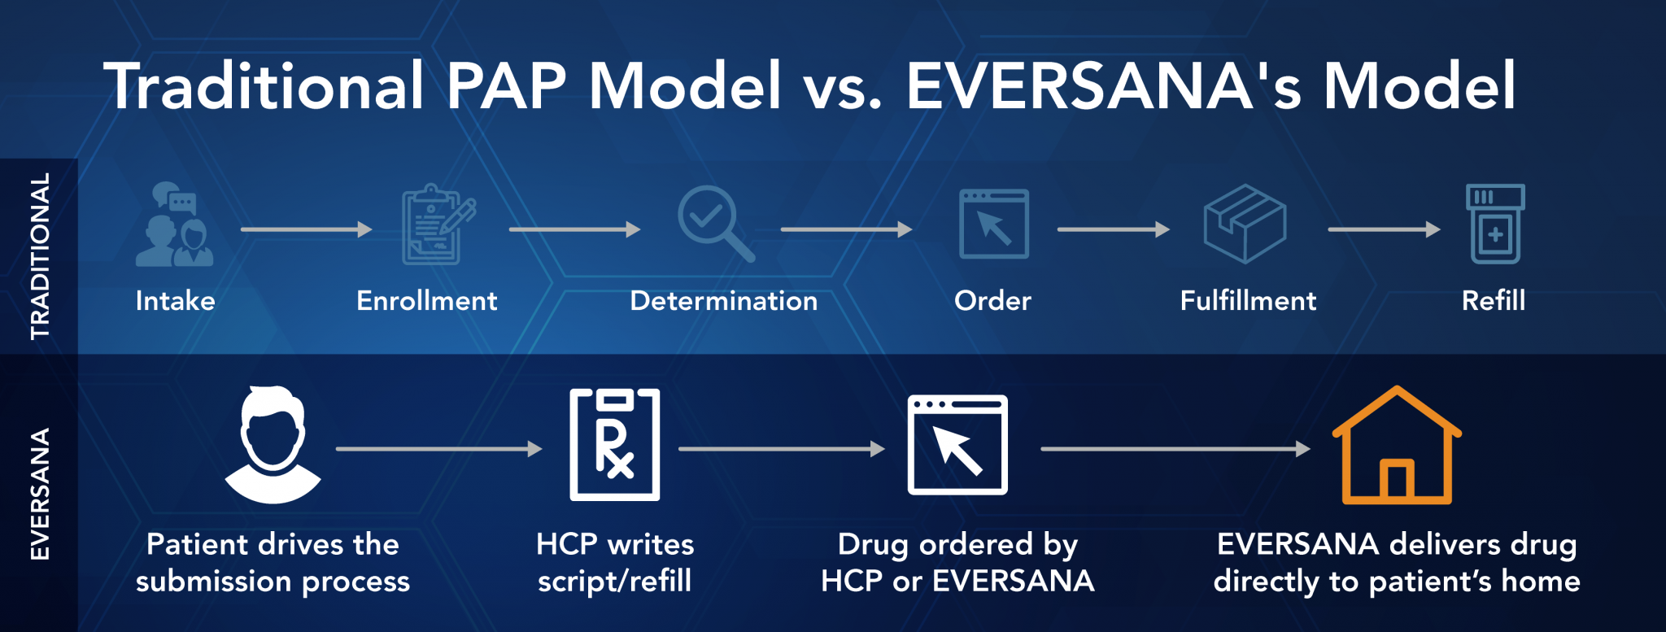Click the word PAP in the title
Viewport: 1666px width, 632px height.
pyautogui.click(x=505, y=85)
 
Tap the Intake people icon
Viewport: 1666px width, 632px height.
pyautogui.click(x=174, y=224)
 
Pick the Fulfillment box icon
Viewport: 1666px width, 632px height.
pyautogui.click(x=1245, y=224)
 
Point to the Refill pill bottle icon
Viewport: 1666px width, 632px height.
pyautogui.click(x=1495, y=224)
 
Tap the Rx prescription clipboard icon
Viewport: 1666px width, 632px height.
pyautogui.click(x=614, y=445)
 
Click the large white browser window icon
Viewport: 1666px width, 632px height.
pyautogui.click(x=957, y=445)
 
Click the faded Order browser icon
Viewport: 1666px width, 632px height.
pyautogui.click(x=993, y=224)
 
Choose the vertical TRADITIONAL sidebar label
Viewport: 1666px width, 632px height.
pyautogui.click(x=39, y=255)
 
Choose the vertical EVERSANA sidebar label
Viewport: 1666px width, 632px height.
pyautogui.click(x=39, y=494)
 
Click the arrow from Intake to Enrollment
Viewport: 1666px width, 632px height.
pyautogui.click(x=306, y=229)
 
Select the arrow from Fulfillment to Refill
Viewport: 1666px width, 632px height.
pyautogui.click(x=1384, y=229)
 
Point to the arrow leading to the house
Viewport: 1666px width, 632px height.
pyautogui.click(x=1175, y=448)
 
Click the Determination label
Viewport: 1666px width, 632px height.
pyautogui.click(x=723, y=301)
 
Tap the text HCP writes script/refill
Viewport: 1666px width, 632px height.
pyautogui.click(x=615, y=562)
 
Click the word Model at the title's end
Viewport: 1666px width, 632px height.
pyautogui.click(x=1420, y=85)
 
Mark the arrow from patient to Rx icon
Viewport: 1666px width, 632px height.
pyautogui.click(x=438, y=448)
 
